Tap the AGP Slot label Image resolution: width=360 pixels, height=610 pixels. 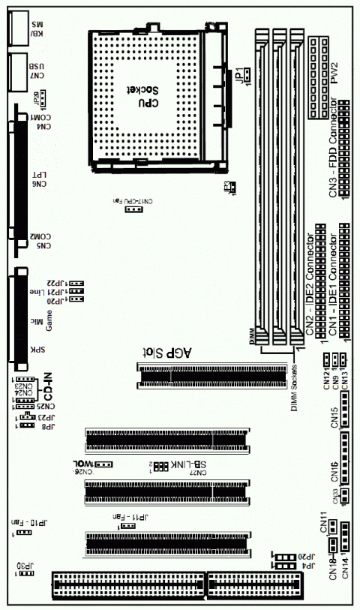[x=167, y=352]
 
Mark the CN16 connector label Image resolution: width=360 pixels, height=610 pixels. [x=334, y=470]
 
